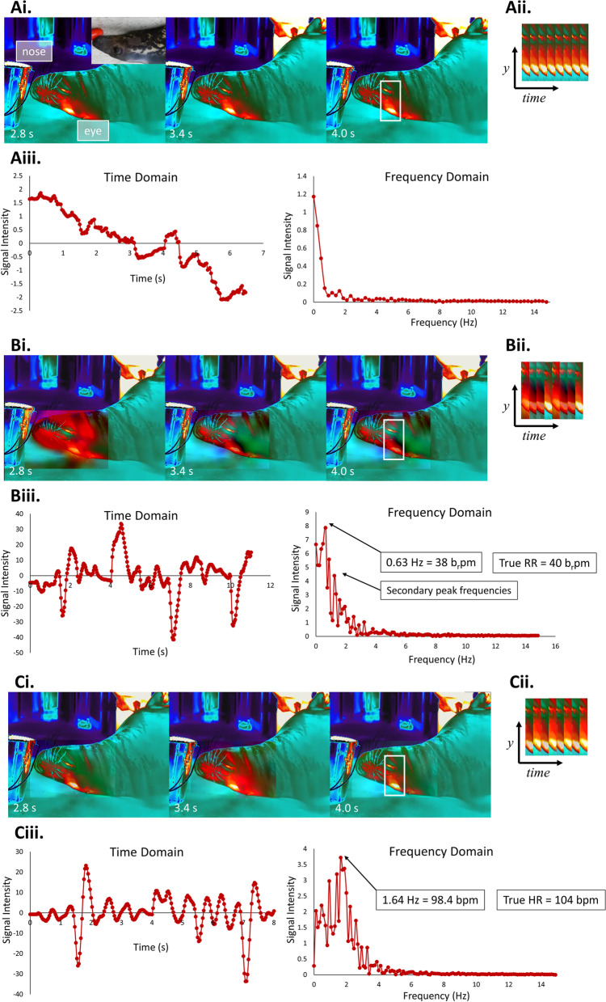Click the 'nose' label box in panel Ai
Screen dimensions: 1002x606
click(x=32, y=53)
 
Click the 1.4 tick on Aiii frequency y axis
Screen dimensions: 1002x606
click(x=301, y=174)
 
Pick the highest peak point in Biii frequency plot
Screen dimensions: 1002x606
click(x=326, y=527)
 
